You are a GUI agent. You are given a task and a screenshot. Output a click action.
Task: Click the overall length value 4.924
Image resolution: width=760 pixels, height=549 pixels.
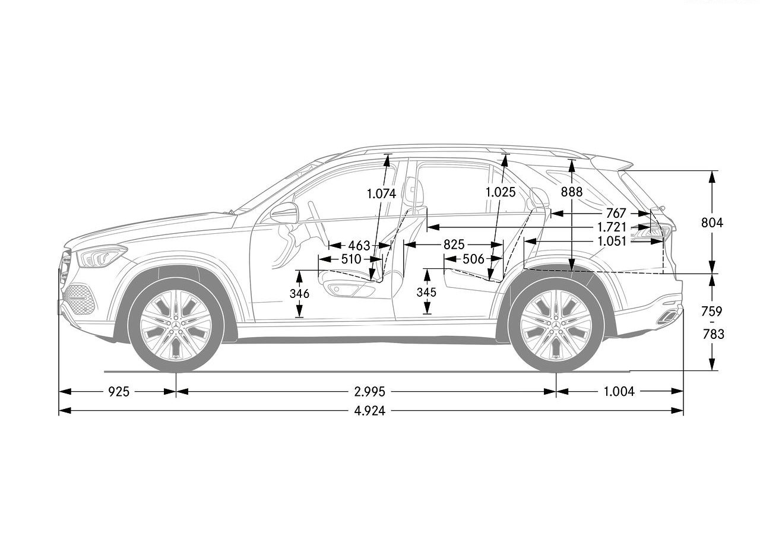point(370,411)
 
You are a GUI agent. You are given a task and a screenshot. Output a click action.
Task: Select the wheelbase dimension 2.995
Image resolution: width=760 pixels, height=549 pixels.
point(370,392)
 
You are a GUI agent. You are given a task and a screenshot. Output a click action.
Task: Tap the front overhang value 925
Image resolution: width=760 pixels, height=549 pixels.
point(119,392)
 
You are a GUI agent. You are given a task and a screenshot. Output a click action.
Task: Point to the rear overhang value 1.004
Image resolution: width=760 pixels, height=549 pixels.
point(619,392)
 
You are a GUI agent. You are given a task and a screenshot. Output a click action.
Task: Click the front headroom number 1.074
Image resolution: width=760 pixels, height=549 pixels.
point(381,193)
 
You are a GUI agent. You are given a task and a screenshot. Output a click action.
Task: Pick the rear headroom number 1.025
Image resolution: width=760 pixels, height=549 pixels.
point(501,192)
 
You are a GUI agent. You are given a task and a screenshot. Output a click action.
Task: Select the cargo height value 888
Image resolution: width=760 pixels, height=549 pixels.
point(572,192)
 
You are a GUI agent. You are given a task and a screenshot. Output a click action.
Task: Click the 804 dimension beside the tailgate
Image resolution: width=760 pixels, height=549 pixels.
point(712,223)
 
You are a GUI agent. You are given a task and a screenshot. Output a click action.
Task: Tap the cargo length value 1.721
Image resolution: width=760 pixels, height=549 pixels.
point(612,227)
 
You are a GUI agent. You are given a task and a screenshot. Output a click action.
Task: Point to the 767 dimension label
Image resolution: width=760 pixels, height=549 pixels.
point(616,213)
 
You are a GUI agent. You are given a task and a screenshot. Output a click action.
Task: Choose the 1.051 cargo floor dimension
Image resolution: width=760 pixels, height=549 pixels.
point(612,241)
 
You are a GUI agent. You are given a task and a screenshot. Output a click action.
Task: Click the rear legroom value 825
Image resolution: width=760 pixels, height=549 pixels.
point(454,245)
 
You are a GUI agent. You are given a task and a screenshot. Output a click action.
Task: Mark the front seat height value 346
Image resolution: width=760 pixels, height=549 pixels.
point(299,294)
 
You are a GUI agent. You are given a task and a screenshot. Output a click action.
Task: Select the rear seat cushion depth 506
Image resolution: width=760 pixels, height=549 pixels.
point(473,259)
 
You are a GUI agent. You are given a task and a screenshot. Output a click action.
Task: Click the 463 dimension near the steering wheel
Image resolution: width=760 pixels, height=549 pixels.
point(359,246)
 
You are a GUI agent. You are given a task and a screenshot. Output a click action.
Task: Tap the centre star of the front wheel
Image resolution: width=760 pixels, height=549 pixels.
point(176,325)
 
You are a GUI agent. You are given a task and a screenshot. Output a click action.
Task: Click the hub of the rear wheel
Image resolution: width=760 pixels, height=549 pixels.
point(556,325)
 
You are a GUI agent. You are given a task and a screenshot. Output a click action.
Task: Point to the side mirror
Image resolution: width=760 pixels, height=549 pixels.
point(284,213)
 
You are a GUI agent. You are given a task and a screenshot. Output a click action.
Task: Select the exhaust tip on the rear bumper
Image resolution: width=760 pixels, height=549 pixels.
point(667,317)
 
